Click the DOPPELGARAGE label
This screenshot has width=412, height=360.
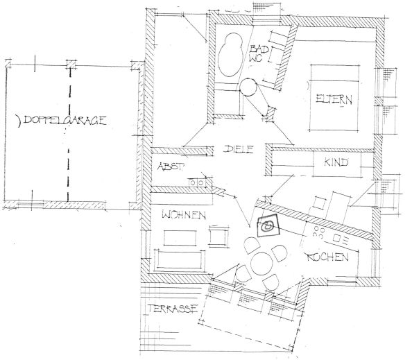pos(65,121)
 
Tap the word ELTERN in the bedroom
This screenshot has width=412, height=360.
pos(334,99)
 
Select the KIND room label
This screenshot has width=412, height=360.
pos(336,162)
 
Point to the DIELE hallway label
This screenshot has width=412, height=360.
pos(239,149)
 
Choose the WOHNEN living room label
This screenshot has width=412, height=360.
pos(184,215)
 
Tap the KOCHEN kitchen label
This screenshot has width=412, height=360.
pos(327,257)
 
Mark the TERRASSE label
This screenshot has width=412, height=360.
pos(173,308)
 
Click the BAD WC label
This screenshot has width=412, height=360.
pos(259,53)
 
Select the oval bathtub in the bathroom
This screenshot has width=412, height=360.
pos(230,55)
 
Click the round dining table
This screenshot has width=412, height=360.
pos(261,264)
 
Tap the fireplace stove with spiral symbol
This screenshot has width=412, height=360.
pos(268,225)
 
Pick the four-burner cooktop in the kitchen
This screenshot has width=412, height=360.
pos(318,232)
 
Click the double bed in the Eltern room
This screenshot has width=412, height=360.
pos(334,97)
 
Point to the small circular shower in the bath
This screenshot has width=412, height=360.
pos(248,87)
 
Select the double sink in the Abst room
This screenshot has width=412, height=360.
pos(196,182)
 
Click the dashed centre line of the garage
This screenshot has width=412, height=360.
pos(69,133)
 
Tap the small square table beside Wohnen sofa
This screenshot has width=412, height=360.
pos(218,236)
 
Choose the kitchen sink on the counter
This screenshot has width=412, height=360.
pos(336,238)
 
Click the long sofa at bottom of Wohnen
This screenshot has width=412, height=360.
pos(180,260)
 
